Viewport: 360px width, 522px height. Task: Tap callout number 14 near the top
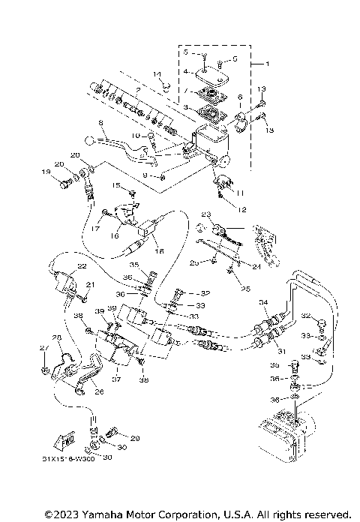pyautogui.click(x=158, y=73)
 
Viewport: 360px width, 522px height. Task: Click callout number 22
pyautogui.click(x=82, y=266)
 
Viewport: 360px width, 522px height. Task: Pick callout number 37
pyautogui.click(x=115, y=379)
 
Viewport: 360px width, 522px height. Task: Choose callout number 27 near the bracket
pyautogui.click(x=43, y=349)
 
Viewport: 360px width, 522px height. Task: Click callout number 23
pyautogui.click(x=202, y=214)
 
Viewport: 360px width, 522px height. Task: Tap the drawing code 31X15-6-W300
pyautogui.click(x=64, y=457)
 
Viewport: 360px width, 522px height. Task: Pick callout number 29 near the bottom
pyautogui.click(x=136, y=437)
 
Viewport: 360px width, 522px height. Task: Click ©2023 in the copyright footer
pyautogui.click(x=63, y=514)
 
